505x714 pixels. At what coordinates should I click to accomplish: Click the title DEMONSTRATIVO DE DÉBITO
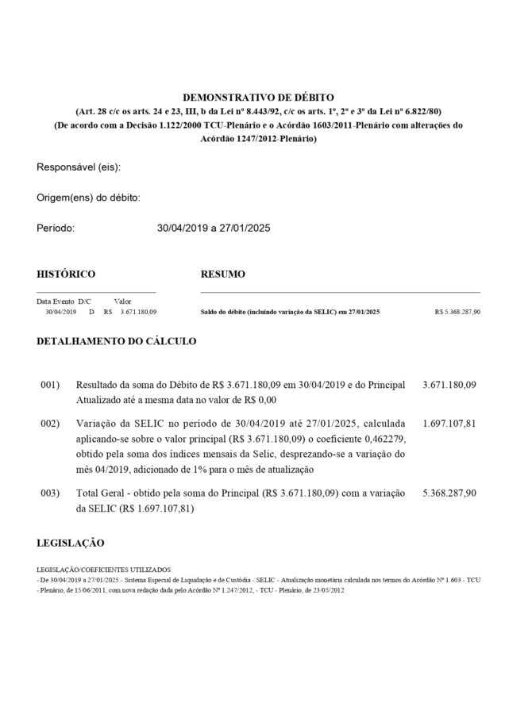point(258,95)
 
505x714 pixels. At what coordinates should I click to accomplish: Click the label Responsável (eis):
point(79,168)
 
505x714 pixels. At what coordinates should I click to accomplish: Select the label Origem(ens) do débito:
point(88,198)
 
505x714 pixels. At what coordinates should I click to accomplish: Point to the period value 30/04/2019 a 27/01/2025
point(214,228)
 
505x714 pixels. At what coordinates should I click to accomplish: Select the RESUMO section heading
point(222,274)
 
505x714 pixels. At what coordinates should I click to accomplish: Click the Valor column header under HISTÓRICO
point(122,301)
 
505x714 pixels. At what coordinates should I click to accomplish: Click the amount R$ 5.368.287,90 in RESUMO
point(457,313)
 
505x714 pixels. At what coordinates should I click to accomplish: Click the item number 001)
point(50,385)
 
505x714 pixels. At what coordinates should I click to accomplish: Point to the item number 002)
point(50,424)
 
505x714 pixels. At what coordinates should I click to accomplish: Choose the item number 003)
point(50,493)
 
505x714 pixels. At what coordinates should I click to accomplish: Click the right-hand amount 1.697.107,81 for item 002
point(449,424)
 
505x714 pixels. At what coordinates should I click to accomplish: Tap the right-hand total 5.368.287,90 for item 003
point(449,493)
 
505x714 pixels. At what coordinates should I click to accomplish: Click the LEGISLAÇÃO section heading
point(71,543)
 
